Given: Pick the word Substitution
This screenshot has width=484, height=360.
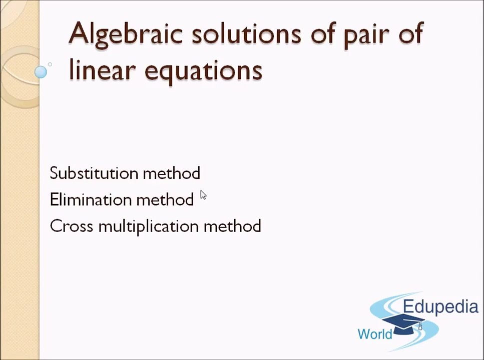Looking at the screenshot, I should coord(94,173).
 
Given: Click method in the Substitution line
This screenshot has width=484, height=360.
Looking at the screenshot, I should coord(171,173).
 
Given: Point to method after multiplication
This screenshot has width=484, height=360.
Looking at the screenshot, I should coord(232,226).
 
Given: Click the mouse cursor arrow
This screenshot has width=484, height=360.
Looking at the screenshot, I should coord(203,195).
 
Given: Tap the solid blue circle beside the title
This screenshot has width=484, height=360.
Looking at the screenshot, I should coord(41,72).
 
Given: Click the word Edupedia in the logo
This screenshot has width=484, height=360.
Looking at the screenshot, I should coord(440,306).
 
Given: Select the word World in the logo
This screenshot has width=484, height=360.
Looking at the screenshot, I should coord(375,333).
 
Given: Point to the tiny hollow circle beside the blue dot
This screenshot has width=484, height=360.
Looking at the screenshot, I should coord(50,64).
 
